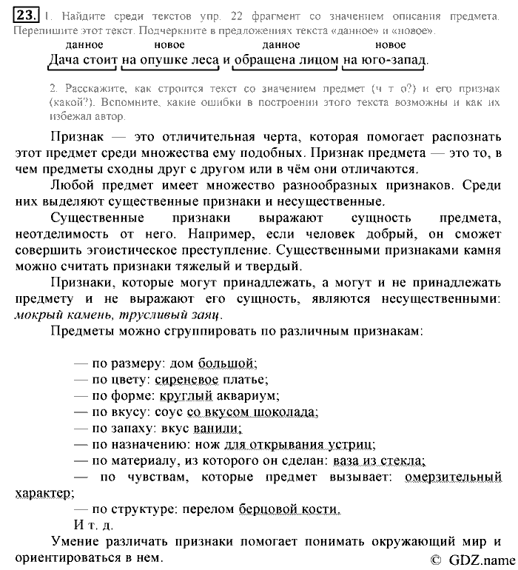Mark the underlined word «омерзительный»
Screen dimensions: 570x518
pyautogui.click(x=453, y=477)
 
